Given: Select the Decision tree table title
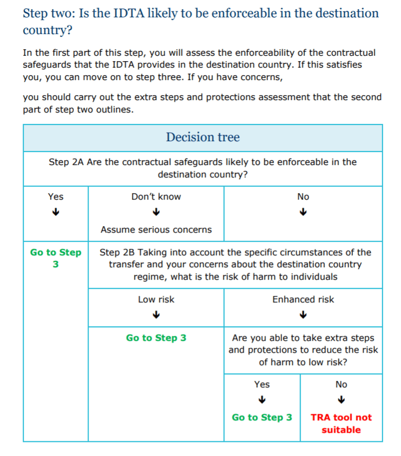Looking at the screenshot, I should tap(203, 137).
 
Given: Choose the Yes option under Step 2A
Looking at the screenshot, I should tap(56, 197).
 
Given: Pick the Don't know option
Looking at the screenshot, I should tap(156, 197).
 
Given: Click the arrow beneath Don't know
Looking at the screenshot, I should tap(156, 212).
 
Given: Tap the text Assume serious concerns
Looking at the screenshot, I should tap(156, 230).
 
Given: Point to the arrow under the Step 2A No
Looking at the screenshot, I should tap(303, 212).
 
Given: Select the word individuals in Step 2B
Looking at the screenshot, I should tap(312, 277).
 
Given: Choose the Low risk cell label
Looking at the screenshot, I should tap(156, 300).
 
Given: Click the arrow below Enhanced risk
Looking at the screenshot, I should tap(303, 314).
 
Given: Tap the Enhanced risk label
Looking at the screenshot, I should tap(303, 300).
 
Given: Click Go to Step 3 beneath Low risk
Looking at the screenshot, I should tap(156, 338).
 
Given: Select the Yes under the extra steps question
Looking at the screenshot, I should tap(262, 385).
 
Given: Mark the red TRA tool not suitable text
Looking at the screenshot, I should tap(341, 424).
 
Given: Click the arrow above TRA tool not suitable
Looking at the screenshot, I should tap(341, 400).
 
